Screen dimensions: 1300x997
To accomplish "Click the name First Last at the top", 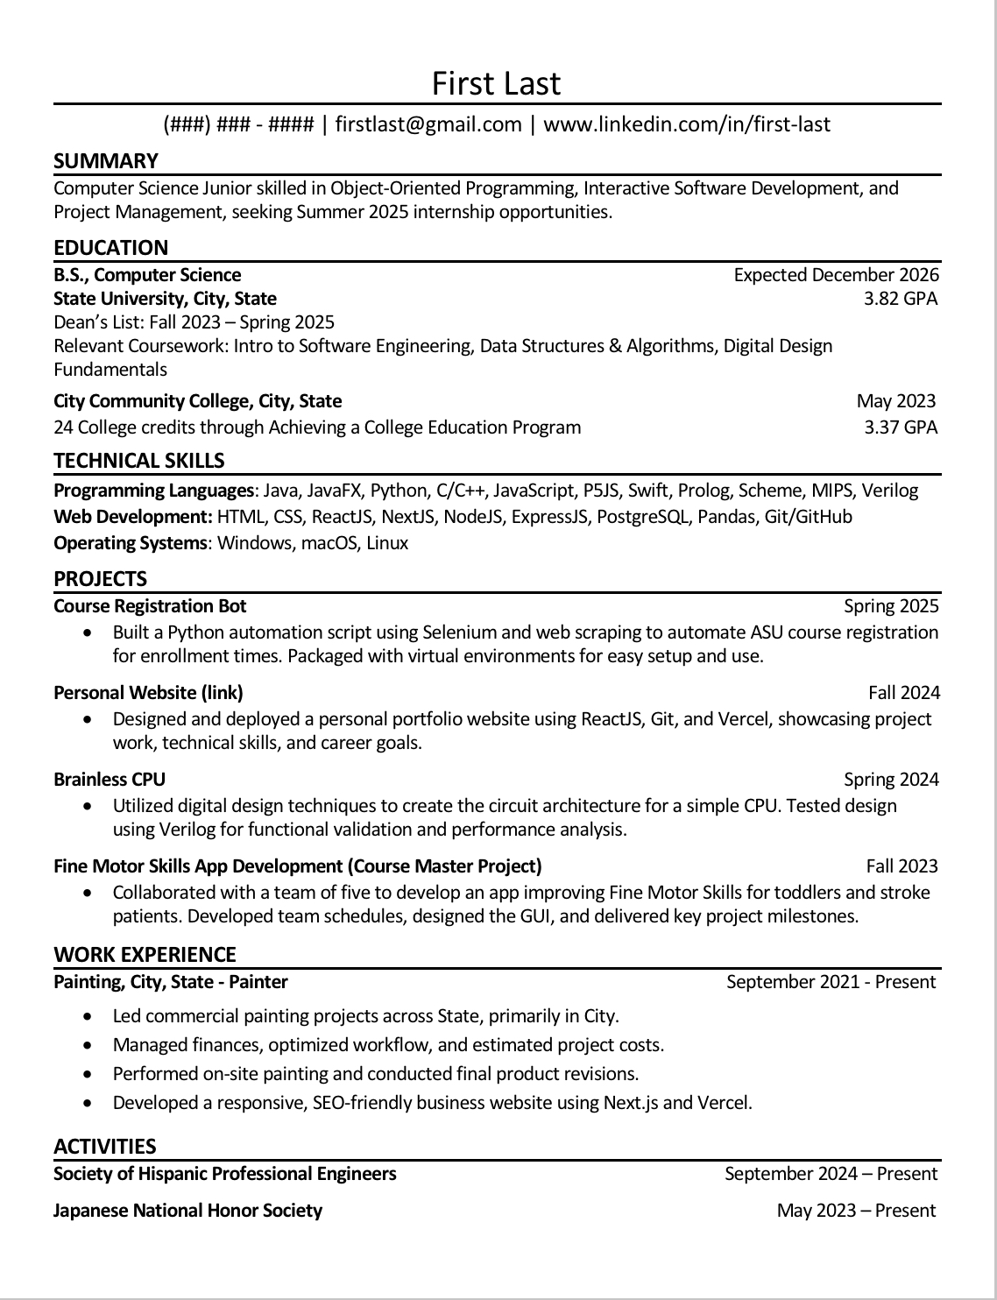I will click(496, 83).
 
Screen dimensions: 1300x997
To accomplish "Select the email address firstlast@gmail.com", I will click(428, 124).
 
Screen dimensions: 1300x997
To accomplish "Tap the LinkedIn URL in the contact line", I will click(687, 124).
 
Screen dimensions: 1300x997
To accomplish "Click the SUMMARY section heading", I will click(106, 161).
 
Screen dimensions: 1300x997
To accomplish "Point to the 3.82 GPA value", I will click(900, 299).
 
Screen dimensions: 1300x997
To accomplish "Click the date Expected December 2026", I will click(836, 275).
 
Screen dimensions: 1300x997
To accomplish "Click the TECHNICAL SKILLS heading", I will click(139, 461).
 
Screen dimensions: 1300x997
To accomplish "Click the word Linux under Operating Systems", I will click(387, 543).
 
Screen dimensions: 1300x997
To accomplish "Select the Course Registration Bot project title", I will click(150, 606).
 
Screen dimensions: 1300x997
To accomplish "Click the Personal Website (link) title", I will click(148, 693).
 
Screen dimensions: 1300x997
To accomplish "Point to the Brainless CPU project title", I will click(110, 780).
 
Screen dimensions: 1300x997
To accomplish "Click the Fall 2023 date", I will click(902, 866).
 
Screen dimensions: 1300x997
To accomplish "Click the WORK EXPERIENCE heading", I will click(145, 955).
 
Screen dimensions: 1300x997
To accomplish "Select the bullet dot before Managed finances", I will click(87, 1045).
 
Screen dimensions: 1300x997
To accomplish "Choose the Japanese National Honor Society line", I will click(187, 1211).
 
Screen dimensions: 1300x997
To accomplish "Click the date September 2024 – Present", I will click(831, 1174).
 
